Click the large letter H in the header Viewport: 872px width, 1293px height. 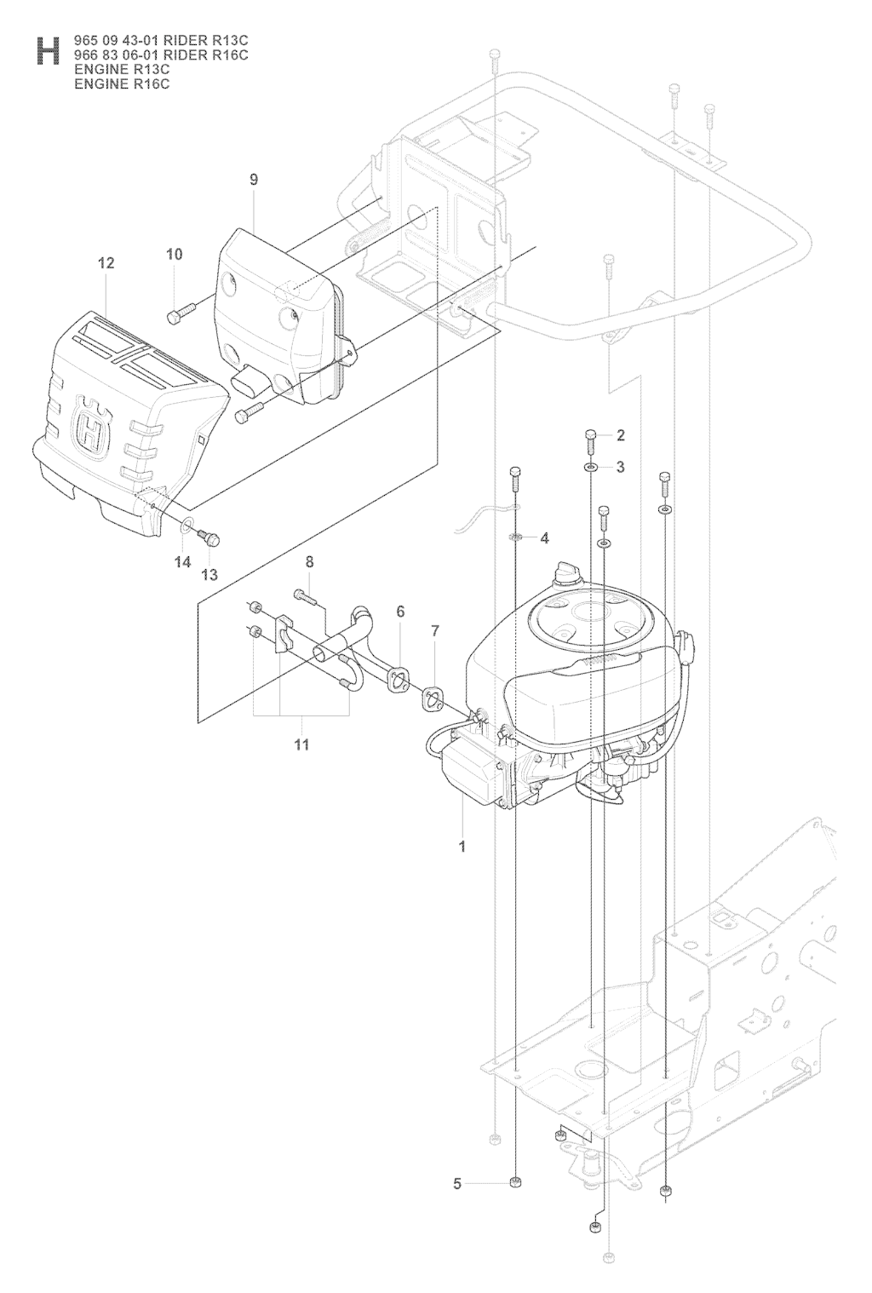point(48,51)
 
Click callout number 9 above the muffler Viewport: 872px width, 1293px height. point(254,180)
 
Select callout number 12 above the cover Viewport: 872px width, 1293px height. point(106,263)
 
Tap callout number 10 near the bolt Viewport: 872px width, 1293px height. point(175,254)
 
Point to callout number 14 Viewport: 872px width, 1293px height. point(183,561)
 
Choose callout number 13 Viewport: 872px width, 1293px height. point(209,574)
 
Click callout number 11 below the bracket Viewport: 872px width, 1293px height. point(301,744)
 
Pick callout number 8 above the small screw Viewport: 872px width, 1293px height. point(310,561)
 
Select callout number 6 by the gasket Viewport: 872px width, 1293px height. point(400,611)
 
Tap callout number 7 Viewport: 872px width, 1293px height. point(435,631)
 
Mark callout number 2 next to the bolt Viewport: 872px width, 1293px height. point(621,435)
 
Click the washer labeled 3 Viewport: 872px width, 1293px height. point(590,466)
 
